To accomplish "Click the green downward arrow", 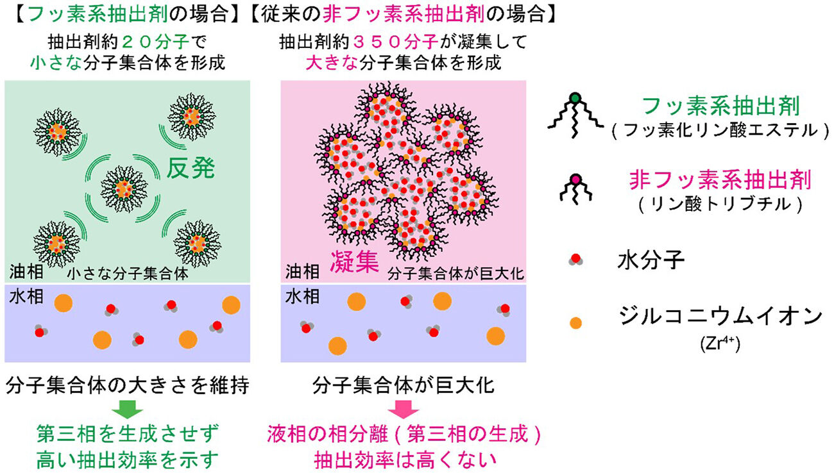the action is pos(127,410).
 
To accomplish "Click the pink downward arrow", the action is pos(404,410).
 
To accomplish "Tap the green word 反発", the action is pos(191,169).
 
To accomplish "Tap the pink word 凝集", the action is pos(354,261).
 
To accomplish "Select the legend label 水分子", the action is pos(651,260).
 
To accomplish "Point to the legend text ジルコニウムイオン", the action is pos(720,317).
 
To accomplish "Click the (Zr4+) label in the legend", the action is pos(720,344).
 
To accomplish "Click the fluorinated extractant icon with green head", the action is pos(575,115).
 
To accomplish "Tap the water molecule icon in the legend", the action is pos(575,259).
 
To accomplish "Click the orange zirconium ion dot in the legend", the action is pos(575,323).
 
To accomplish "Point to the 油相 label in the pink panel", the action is pos(302,272).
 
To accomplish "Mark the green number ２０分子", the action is pos(156,42).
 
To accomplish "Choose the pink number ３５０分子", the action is pos(395,42).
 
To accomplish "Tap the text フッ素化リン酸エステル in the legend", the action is pos(720,130).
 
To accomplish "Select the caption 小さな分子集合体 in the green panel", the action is pos(128,274).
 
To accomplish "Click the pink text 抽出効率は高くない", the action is pos(405,460).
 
